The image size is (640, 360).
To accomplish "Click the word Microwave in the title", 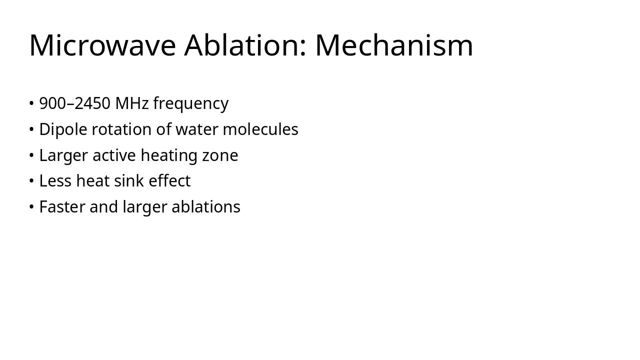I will pyautogui.click(x=102, y=45).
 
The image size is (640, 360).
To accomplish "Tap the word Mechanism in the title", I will pyautogui.click(x=394, y=45).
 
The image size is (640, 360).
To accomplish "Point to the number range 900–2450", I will pyautogui.click(x=74, y=103).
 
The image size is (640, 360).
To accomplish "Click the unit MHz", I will pyautogui.click(x=132, y=103).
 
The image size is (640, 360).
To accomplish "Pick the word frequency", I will pyautogui.click(x=190, y=104).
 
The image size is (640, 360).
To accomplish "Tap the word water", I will pyautogui.click(x=197, y=129).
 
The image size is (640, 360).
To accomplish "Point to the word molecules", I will pyautogui.click(x=260, y=129).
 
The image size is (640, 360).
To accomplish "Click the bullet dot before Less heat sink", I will pyautogui.click(x=31, y=181).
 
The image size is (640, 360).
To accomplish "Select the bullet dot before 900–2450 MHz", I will pyautogui.click(x=31, y=103).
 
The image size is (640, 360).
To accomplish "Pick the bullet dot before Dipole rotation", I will pyautogui.click(x=31, y=129).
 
